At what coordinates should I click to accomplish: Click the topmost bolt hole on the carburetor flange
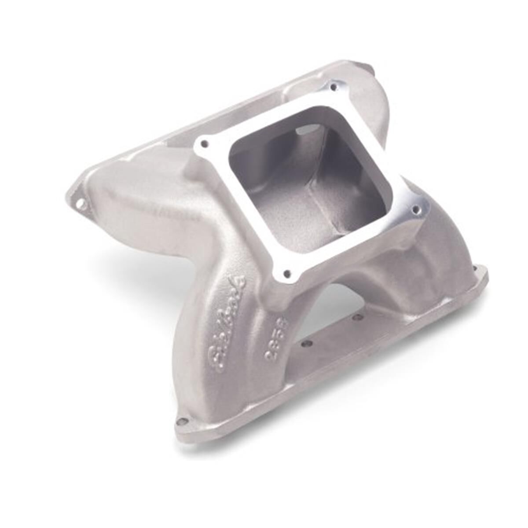click(x=334, y=87)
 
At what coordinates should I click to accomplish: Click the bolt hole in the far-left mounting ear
click(x=80, y=204)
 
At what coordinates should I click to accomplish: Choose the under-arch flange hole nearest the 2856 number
click(x=308, y=344)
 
